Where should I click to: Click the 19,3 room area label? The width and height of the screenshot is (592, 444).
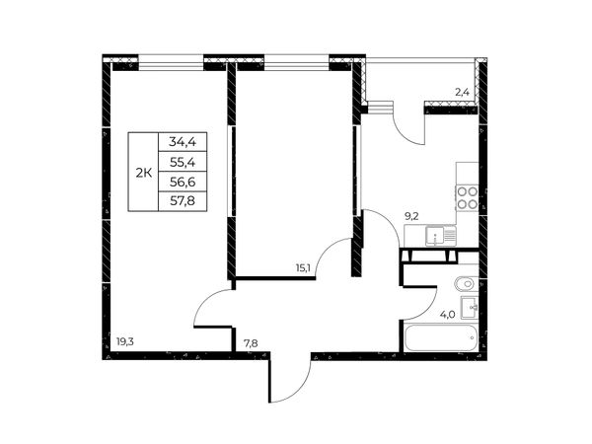click(125, 342)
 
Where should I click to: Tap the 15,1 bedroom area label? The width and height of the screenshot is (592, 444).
click(303, 268)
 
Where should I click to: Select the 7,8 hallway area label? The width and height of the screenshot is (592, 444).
click(251, 343)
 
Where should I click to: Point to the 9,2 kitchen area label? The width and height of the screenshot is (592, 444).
click(411, 216)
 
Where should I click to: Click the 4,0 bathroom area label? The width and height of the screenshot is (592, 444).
click(447, 315)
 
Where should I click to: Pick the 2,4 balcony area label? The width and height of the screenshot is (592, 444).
click(462, 92)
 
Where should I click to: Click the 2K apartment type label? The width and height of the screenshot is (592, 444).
click(144, 173)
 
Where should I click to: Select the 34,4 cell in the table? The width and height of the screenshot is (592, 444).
click(183, 142)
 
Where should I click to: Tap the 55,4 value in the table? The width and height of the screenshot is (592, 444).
click(183, 163)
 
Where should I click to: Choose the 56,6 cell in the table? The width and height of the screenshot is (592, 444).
click(183, 182)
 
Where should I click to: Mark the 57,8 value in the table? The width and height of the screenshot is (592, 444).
click(183, 201)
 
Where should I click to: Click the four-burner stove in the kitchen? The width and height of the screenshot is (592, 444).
click(468, 198)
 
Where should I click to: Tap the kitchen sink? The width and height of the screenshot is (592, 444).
click(441, 236)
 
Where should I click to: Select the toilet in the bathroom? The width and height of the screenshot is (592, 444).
click(467, 283)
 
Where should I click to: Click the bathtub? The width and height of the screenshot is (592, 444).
click(440, 338)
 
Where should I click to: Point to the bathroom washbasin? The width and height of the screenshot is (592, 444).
click(470, 308)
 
